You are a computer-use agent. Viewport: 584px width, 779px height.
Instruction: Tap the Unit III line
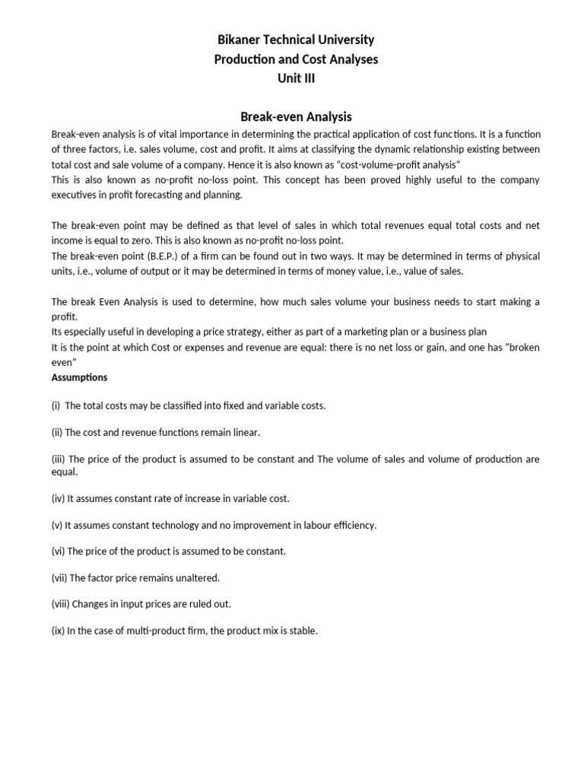[293, 78]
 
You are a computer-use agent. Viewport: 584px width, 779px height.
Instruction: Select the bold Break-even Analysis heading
[296, 116]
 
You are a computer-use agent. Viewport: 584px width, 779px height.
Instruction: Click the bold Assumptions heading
[79, 377]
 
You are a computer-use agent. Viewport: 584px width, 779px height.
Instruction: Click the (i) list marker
[56, 405]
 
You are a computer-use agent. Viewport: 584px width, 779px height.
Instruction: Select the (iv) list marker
[59, 498]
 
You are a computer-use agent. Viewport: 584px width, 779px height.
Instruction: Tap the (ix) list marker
[58, 631]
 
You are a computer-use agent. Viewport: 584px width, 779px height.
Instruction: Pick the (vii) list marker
[59, 577]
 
